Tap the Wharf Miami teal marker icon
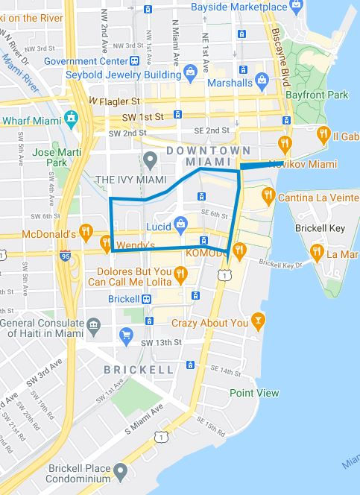coord(72,118)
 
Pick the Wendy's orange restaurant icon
coord(106,243)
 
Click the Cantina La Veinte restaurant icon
coord(268,196)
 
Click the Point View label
coord(254,393)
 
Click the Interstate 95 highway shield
coord(66,254)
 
